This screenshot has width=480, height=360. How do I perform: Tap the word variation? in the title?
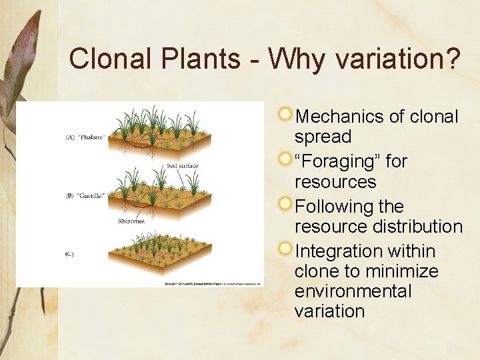pyautogui.click(x=398, y=59)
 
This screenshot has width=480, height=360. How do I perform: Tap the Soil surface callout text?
pyautogui.click(x=182, y=165)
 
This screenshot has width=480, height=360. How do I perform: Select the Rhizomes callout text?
pyautogui.click(x=131, y=220)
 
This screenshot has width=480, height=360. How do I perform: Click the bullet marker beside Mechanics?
pyautogui.click(x=285, y=115)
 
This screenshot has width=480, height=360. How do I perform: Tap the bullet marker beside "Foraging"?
pyautogui.click(x=285, y=159)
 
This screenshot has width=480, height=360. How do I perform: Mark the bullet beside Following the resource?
pyautogui.click(x=285, y=204)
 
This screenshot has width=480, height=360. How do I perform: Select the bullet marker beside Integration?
pyautogui.click(x=285, y=249)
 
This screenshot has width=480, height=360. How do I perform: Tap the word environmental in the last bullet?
pyautogui.click(x=353, y=291)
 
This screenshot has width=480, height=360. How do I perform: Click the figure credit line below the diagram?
pyautogui.click(x=213, y=283)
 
